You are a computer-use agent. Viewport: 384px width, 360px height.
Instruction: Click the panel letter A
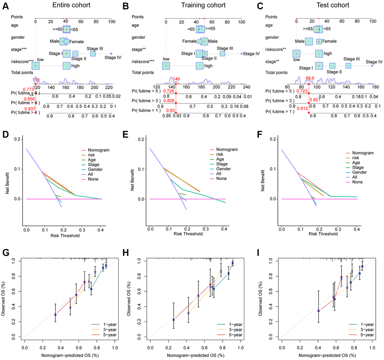coord(6,6)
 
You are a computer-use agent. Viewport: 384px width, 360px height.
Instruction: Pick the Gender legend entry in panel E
coord(224,169)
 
